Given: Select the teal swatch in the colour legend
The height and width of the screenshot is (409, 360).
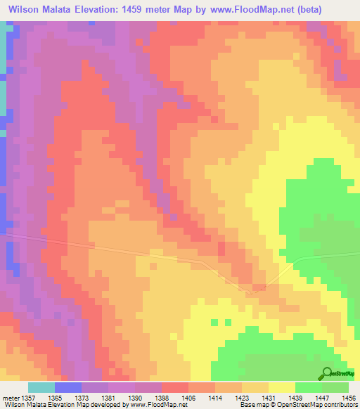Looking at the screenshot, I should [41, 387].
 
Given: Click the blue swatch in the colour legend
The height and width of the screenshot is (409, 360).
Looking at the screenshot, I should [67, 387].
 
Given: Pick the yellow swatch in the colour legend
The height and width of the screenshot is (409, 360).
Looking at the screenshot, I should [281, 387].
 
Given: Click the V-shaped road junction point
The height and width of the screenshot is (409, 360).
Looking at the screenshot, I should [256, 287].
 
